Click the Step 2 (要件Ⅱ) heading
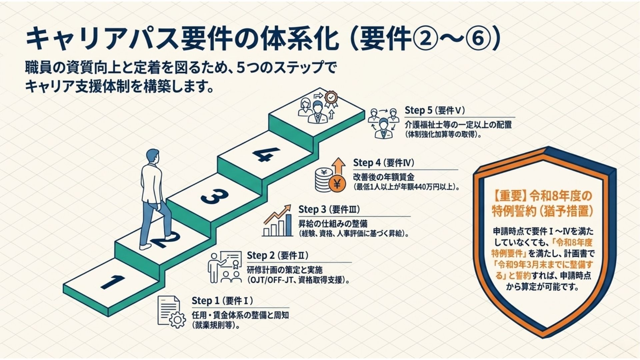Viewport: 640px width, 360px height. point(277,255)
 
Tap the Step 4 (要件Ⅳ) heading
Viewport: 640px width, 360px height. point(383,163)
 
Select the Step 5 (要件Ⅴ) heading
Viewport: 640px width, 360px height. point(435,110)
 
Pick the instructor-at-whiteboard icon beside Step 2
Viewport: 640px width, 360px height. point(225,267)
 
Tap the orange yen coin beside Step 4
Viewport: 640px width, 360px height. point(337,184)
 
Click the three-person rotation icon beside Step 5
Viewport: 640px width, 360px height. point(383,123)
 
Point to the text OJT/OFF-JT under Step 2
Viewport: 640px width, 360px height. point(268,280)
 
